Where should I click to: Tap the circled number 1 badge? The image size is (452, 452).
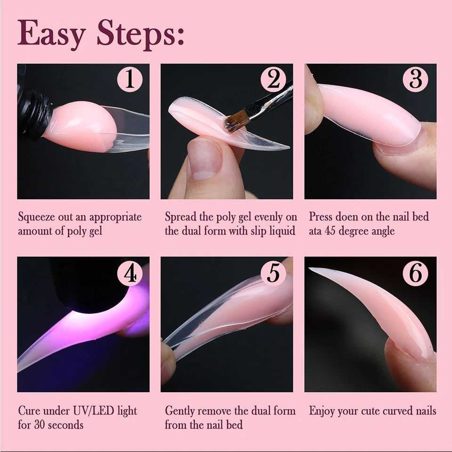tap(130, 79)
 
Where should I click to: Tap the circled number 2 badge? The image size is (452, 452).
tap(274, 79)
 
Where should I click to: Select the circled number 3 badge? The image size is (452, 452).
tap(416, 79)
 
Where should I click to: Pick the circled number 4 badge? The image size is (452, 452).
tap(130, 273)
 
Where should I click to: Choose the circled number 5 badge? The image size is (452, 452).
tap(274, 273)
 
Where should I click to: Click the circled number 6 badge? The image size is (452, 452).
tap(416, 273)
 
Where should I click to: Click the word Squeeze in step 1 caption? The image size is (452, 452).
tap(36, 217)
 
